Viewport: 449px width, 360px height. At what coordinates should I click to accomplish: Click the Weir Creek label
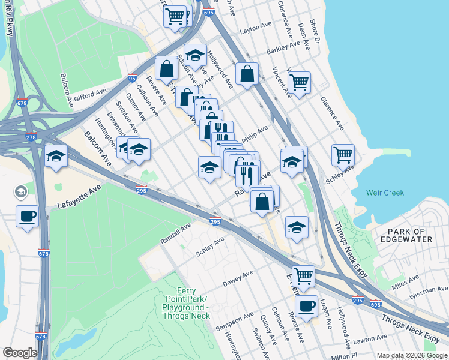point(385,193)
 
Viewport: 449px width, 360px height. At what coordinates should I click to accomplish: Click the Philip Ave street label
point(254,134)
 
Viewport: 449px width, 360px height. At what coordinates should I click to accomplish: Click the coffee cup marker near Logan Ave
point(307,305)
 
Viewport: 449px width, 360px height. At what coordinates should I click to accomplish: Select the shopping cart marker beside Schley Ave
point(343,154)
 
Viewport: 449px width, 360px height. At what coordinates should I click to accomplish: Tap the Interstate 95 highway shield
point(132,77)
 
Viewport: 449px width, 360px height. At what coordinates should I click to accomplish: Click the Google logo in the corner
point(20,353)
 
